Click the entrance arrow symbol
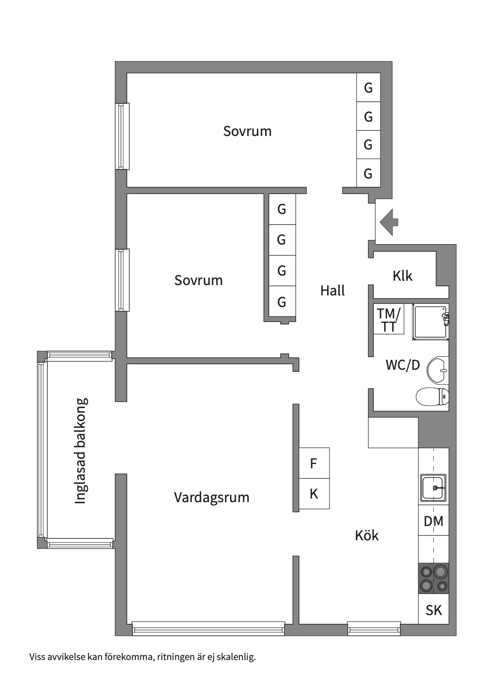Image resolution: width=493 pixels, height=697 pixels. [389, 222]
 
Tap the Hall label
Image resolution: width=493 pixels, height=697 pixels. [332, 291]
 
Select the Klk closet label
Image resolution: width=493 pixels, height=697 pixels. [402, 276]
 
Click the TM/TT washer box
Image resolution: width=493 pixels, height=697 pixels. [388, 319]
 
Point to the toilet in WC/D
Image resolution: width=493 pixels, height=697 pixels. [432, 396]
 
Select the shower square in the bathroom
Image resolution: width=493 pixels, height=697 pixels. [430, 322]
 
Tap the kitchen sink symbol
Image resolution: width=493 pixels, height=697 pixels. [433, 488]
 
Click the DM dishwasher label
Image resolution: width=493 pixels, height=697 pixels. [433, 521]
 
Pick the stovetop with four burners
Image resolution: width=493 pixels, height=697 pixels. [433, 579]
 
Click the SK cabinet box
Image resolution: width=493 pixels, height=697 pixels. [433, 610]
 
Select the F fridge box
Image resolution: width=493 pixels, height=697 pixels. [314, 463]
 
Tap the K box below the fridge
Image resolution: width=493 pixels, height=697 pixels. [314, 494]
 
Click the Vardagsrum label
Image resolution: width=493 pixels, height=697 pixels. [212, 497]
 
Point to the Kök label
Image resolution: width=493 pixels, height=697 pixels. [367, 536]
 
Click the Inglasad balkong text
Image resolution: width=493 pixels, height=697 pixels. [81, 451]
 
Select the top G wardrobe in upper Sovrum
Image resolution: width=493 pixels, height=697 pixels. [368, 87]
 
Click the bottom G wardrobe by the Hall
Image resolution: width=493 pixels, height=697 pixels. [282, 302]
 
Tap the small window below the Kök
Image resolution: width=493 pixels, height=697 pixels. [374, 629]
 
